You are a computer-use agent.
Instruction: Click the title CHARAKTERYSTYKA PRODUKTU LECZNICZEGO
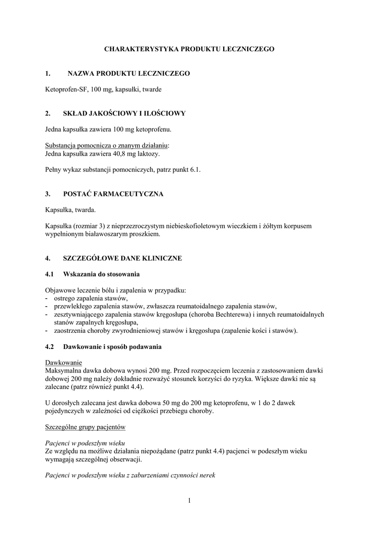click(189, 49)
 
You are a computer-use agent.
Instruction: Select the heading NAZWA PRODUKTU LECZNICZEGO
click(129, 74)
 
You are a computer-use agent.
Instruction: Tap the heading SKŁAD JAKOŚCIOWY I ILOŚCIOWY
click(124, 113)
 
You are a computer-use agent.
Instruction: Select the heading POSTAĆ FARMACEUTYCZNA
click(113, 194)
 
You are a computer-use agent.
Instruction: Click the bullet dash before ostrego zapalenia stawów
click(47, 298)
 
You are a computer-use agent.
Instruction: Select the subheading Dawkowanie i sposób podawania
click(112, 347)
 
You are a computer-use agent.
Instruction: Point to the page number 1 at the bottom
click(189, 501)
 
